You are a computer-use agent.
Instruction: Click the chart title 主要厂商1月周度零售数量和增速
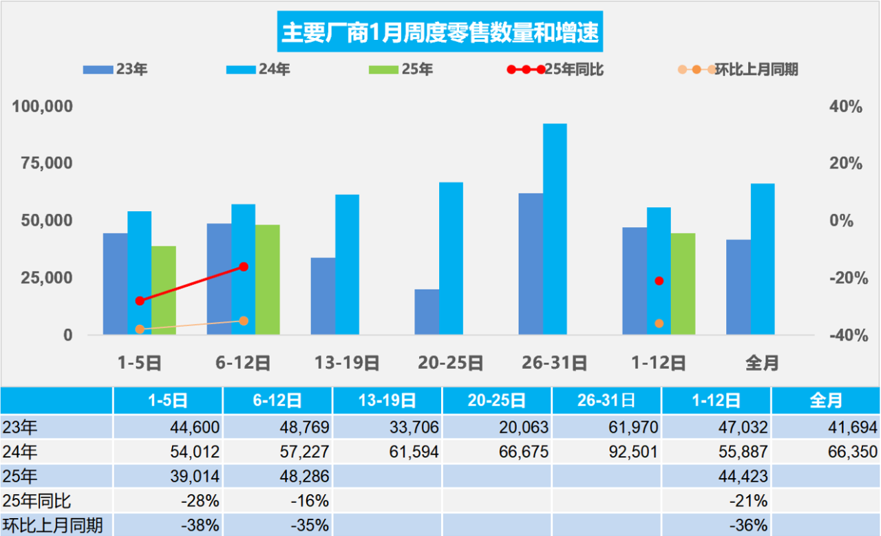[440, 32]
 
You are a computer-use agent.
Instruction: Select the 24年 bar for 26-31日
[555, 229]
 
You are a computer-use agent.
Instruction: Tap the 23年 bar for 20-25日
[427, 312]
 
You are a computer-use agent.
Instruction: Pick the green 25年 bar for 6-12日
[268, 279]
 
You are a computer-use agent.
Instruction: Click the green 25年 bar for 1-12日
[683, 283]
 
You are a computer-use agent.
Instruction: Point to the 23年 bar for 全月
[739, 287]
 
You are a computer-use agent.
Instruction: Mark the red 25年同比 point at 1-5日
[140, 301]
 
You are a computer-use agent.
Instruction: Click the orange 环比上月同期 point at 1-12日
[659, 323]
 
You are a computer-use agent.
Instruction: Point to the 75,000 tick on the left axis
[44, 164]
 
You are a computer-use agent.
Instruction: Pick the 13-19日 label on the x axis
[347, 363]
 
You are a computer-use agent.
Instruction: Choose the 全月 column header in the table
[826, 400]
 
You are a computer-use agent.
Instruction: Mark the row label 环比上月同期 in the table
[53, 526]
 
